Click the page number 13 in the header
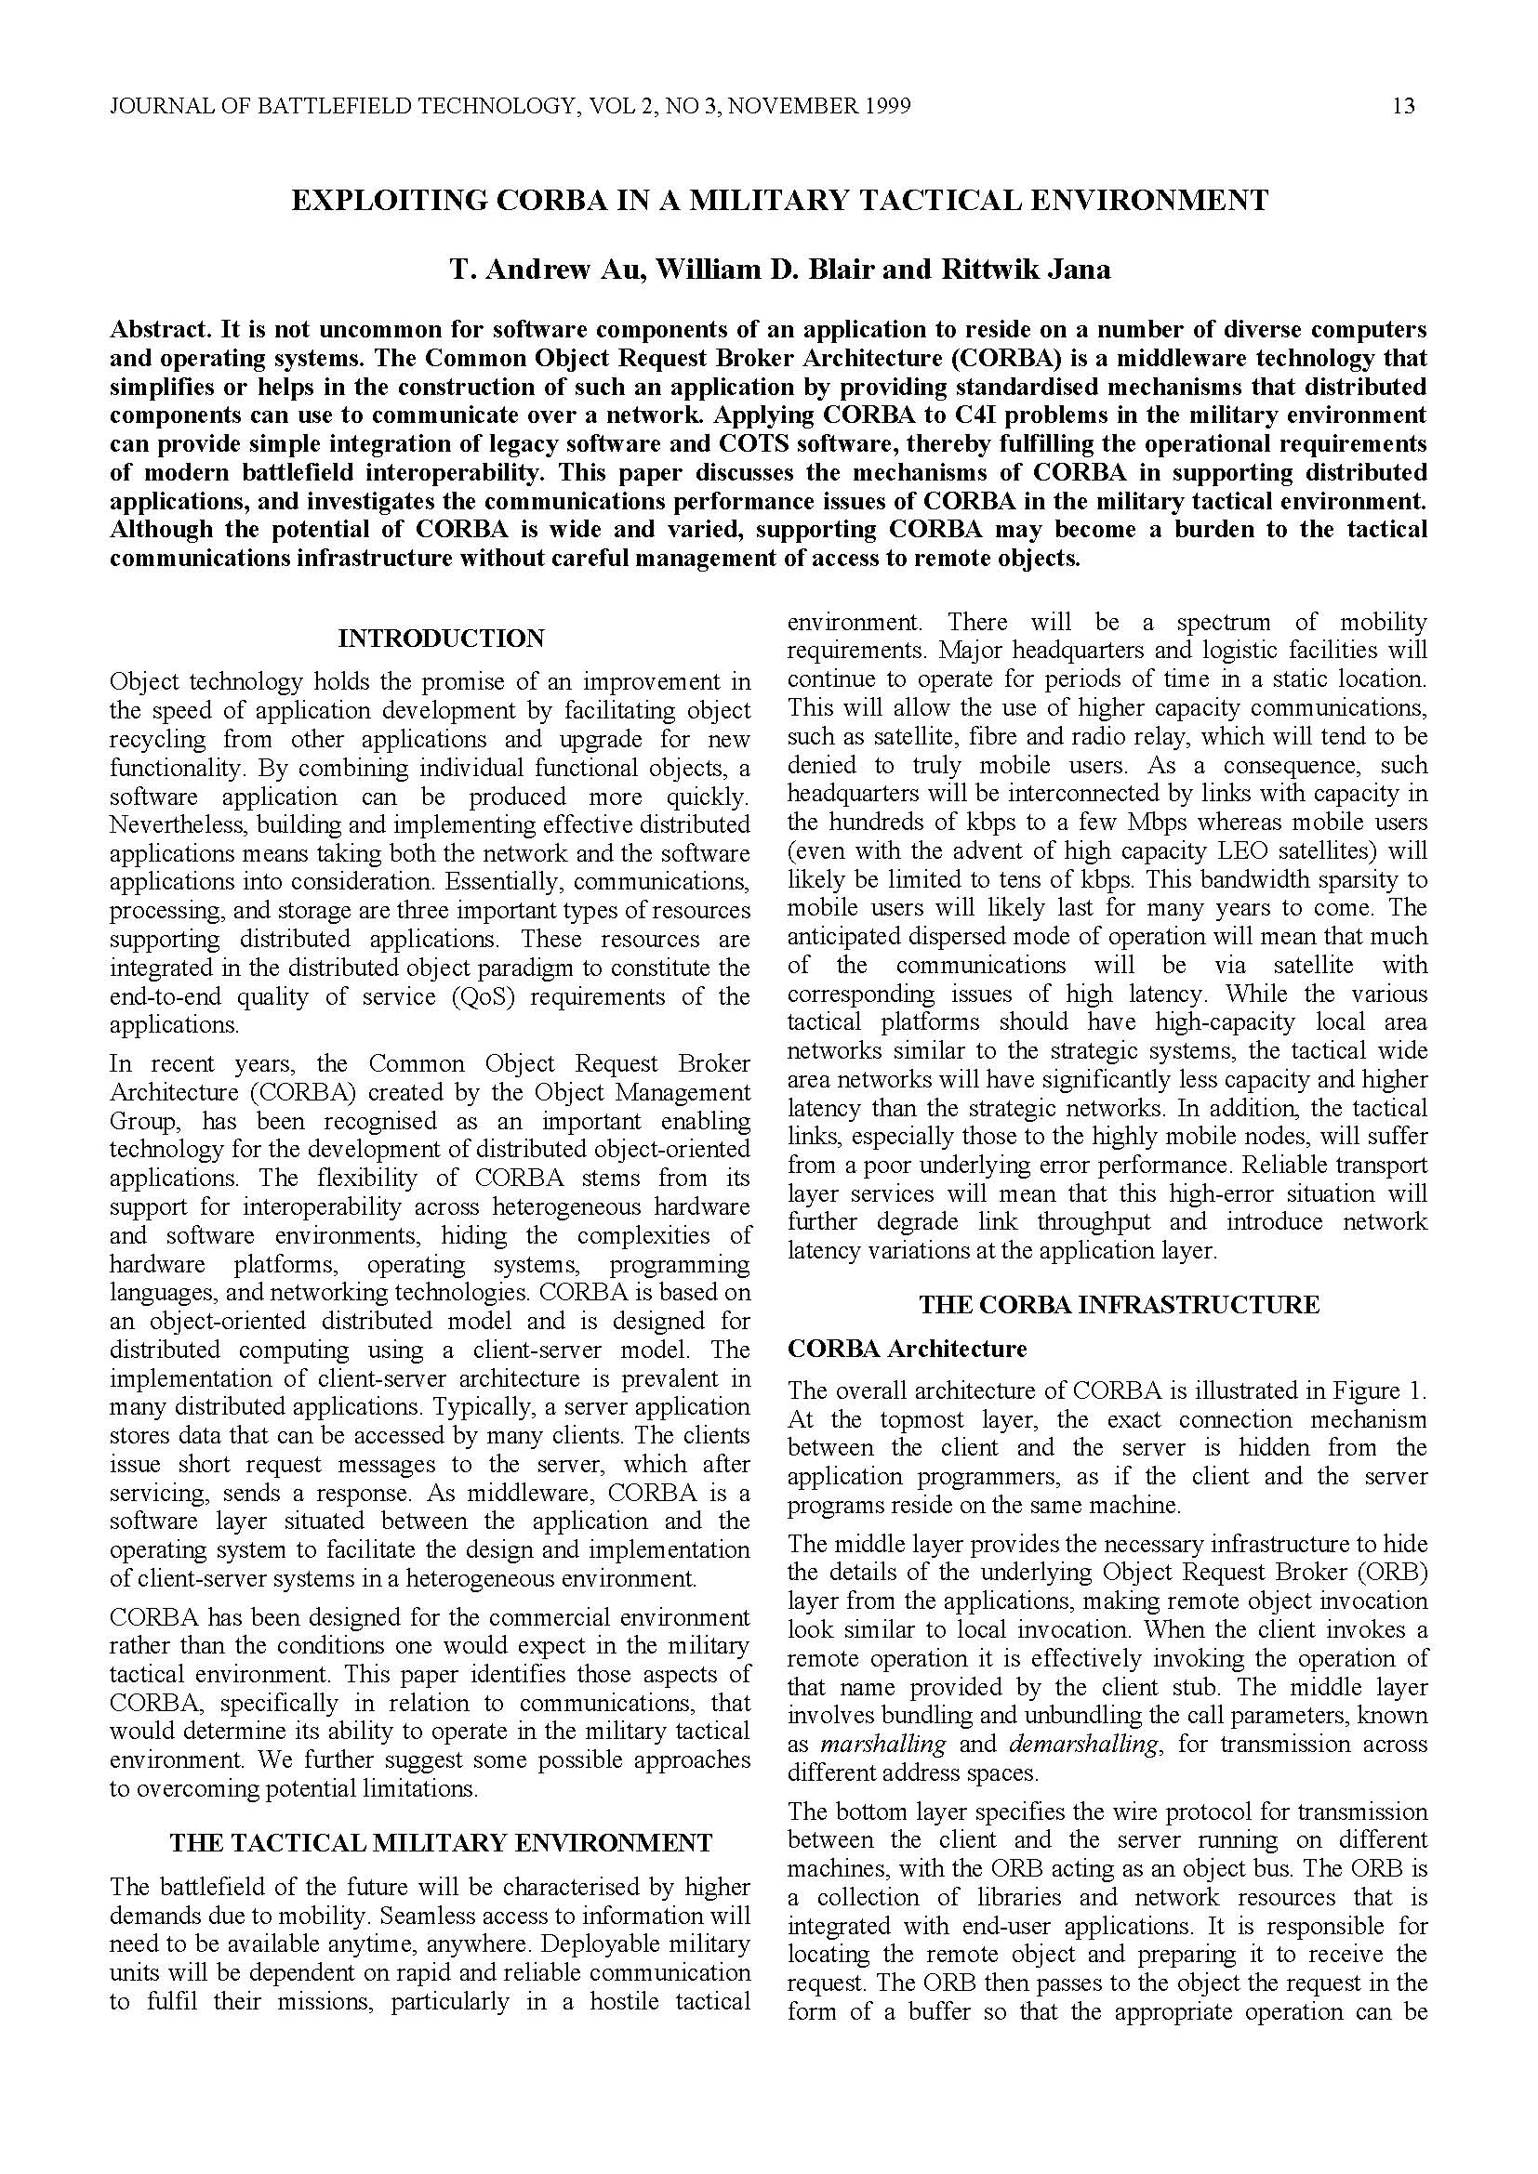click(1403, 106)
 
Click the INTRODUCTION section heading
click(442, 639)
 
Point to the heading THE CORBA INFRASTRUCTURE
click(1119, 1305)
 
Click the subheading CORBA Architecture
click(907, 1348)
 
